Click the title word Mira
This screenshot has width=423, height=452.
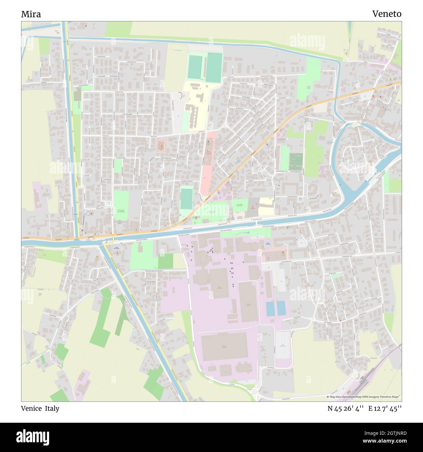pos(31,14)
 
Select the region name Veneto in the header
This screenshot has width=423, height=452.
pos(387,14)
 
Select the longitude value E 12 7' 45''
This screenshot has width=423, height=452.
pos(385,409)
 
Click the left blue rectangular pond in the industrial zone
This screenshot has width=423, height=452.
pos(270,309)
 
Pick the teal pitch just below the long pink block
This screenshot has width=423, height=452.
pos(186,199)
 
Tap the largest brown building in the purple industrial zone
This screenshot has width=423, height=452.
pos(224,347)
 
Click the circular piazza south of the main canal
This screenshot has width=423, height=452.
pos(266,244)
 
